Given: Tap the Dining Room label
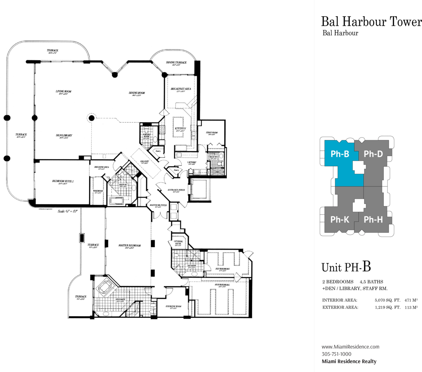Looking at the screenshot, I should click(x=137, y=93).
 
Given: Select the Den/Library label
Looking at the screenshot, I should click(x=64, y=135).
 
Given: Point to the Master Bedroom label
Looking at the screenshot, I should click(x=129, y=245).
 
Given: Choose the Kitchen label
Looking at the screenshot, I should click(x=180, y=129).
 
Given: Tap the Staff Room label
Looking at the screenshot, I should click(x=212, y=133).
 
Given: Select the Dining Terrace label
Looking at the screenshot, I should click(x=176, y=63).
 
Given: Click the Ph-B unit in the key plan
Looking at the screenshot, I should click(x=340, y=154).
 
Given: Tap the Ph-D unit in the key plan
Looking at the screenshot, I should click(x=373, y=154).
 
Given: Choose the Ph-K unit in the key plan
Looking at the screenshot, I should click(x=340, y=220).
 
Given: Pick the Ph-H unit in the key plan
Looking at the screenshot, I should click(x=373, y=220).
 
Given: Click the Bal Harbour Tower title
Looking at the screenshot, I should click(x=371, y=22).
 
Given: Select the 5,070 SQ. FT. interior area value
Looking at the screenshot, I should click(x=387, y=300).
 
